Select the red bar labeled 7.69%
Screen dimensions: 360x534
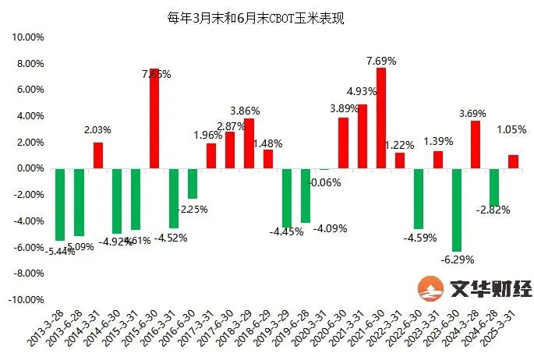pyautogui.click(x=380, y=118)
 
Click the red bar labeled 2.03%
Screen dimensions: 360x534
pyautogui.click(x=97, y=155)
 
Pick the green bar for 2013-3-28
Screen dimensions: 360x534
pyautogui.click(x=60, y=204)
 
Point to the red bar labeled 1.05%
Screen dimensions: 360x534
pyautogui.click(x=513, y=161)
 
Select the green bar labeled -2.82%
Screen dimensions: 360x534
pyautogui.click(x=494, y=186)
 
